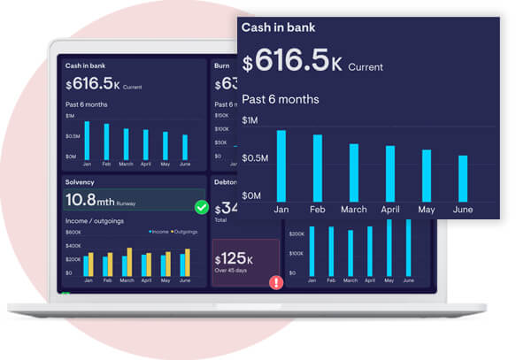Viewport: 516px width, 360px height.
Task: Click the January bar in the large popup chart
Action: pos(281,165)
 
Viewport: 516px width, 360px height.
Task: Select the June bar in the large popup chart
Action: pos(463,178)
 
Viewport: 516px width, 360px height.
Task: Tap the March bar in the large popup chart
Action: pos(354,172)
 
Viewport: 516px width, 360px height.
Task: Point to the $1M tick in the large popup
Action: pos(250,120)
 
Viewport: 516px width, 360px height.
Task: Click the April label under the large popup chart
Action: pos(390,210)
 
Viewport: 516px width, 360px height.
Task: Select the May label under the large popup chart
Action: pos(427,210)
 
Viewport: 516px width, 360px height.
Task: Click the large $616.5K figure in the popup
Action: pos(293,62)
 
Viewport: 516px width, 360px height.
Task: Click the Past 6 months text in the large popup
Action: pos(281,99)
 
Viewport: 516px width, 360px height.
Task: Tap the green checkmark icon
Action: pos(202,207)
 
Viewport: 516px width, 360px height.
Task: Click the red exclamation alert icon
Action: pos(276,283)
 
